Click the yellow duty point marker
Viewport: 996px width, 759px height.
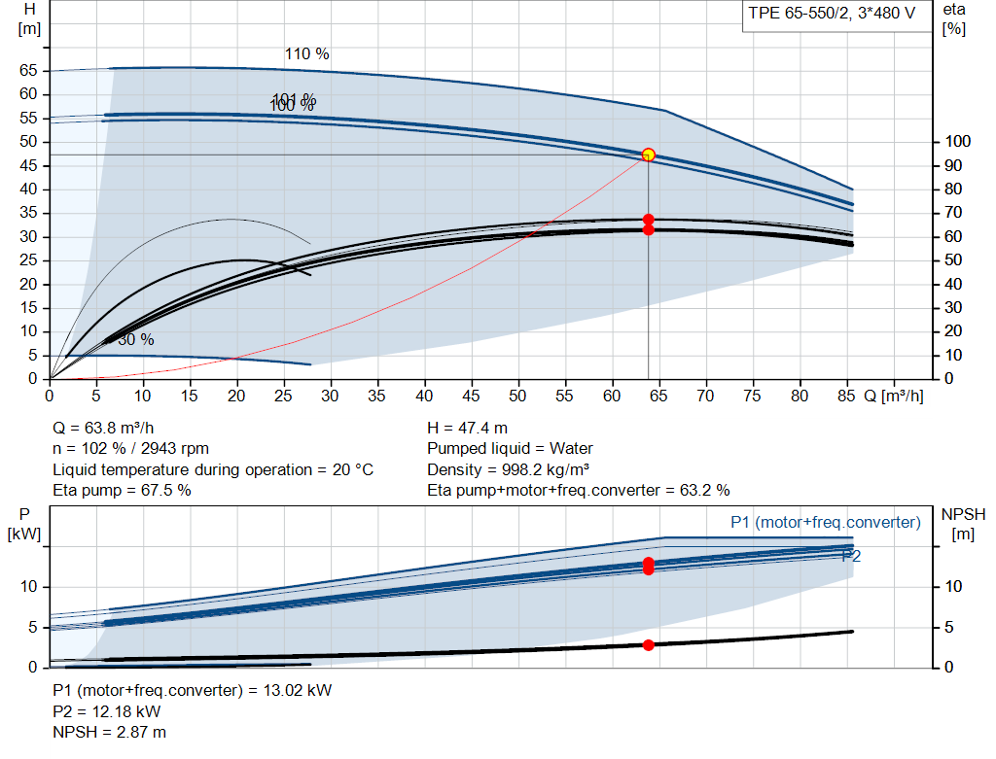point(648,155)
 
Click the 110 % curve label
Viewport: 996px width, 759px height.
point(306,54)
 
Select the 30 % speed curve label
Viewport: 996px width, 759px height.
point(136,339)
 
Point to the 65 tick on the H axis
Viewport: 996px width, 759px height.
point(28,70)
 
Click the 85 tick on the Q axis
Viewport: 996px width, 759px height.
point(846,396)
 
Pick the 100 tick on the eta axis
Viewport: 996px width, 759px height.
point(957,142)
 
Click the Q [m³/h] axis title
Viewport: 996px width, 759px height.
point(894,397)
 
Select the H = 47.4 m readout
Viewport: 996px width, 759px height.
point(468,429)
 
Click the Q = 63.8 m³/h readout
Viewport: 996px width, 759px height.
point(103,429)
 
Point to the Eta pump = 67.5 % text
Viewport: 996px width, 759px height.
point(122,490)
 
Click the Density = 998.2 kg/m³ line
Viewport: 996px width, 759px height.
point(508,469)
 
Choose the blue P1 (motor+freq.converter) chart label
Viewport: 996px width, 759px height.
point(825,522)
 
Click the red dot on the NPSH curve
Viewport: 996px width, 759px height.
point(648,645)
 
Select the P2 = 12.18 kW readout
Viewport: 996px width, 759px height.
point(107,711)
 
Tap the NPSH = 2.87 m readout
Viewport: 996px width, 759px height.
point(109,733)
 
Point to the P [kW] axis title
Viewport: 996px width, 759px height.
point(24,524)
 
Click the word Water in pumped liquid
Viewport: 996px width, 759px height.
point(571,449)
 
